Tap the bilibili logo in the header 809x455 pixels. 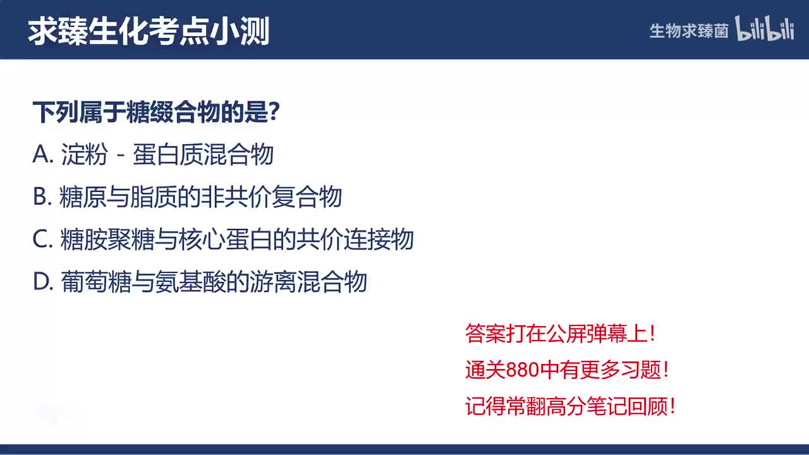(x=764, y=30)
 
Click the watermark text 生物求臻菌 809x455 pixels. (x=689, y=31)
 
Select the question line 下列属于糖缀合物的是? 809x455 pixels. (x=156, y=113)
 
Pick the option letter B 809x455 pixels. (x=41, y=197)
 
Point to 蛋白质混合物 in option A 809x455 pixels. (x=203, y=155)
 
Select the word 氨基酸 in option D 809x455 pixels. (x=190, y=282)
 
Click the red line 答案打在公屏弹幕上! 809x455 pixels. (x=560, y=334)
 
